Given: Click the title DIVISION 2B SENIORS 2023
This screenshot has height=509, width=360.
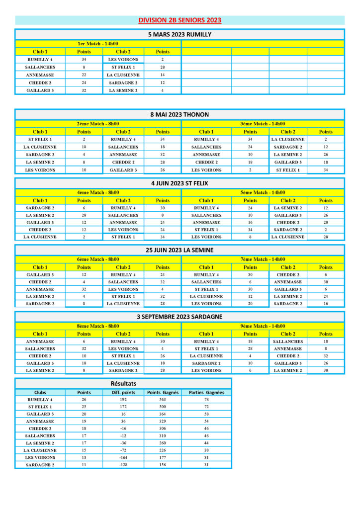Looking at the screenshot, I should coord(180,20).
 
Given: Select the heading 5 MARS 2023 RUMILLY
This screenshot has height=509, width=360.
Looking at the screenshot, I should coord(180,34).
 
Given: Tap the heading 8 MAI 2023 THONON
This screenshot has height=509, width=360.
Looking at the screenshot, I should coord(180,114).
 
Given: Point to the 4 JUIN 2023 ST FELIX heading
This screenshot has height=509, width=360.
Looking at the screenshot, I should coord(180,183).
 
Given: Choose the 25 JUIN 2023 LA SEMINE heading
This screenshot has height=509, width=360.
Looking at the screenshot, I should coord(180,250).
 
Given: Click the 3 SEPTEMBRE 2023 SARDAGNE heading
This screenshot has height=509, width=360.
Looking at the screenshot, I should coord(180,317).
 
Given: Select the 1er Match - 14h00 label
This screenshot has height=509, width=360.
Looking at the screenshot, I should coord(98,44).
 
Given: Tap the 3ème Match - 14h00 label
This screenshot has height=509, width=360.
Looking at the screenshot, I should coord(263,124).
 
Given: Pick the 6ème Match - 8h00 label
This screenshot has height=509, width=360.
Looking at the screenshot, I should coord(98,259).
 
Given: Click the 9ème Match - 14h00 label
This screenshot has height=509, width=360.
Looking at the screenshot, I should coord(263,326).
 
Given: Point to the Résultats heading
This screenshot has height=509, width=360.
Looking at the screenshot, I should coord(123,383).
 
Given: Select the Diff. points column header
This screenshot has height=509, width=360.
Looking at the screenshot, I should coord(123,392).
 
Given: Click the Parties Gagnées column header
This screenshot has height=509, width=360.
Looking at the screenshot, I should coord(206,392).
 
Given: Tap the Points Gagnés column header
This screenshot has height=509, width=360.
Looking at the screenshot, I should coord(163,392).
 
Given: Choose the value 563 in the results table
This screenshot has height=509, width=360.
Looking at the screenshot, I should coord(163,400).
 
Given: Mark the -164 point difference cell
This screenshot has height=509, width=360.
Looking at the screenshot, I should coord(123,457).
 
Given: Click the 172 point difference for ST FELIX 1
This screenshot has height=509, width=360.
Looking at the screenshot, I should coord(123,407).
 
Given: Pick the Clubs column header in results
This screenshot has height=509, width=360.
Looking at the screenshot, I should coord(40,392).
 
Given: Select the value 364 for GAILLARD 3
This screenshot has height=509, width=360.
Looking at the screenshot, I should coord(163,414).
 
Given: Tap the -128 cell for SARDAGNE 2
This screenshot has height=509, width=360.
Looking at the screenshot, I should coord(123,465).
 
